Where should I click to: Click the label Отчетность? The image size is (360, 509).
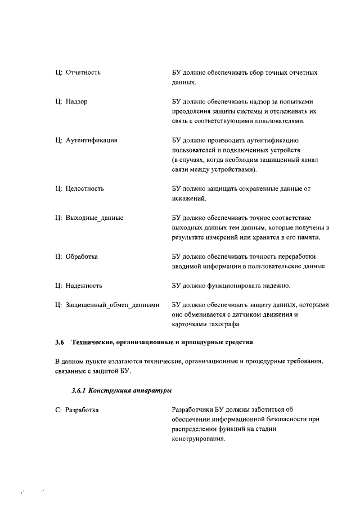(x=84, y=73)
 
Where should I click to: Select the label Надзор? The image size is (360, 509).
(x=76, y=101)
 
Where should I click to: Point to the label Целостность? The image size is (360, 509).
(x=85, y=188)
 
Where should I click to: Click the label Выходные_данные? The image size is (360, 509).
(x=95, y=217)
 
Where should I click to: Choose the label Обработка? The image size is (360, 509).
(x=82, y=256)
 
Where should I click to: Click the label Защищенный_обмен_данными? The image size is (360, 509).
(x=112, y=305)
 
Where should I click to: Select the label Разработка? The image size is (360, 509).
(x=82, y=410)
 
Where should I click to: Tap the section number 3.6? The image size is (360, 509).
(x=60, y=341)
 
